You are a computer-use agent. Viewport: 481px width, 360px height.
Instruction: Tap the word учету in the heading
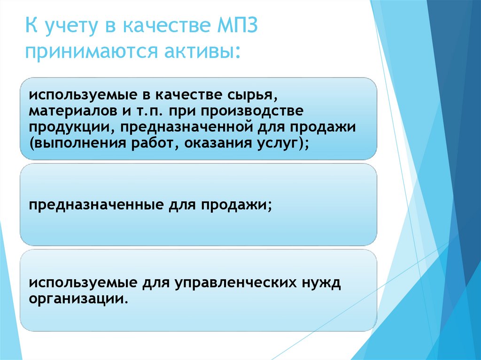click(x=68, y=26)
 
